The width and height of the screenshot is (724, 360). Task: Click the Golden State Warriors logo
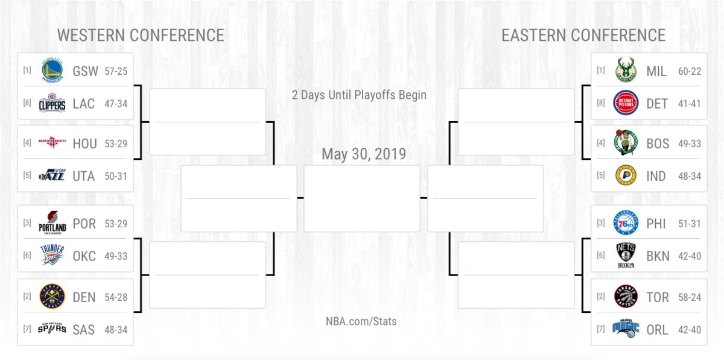click(52, 70)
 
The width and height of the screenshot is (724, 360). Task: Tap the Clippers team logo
click(52, 103)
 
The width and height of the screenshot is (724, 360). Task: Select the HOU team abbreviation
click(84, 144)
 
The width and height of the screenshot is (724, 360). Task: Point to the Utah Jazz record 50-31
click(116, 176)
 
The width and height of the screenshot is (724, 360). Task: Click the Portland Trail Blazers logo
click(52, 223)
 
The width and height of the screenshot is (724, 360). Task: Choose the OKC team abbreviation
click(84, 256)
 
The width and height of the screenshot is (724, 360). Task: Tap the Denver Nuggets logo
click(52, 296)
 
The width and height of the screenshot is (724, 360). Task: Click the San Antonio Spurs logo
click(52, 328)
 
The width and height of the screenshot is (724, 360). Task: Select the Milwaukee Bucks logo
click(626, 70)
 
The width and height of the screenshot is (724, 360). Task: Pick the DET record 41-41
click(690, 104)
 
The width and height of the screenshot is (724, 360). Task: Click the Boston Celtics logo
click(626, 142)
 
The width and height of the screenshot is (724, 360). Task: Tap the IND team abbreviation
click(656, 177)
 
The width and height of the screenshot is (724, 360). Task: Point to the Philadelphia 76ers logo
click(626, 223)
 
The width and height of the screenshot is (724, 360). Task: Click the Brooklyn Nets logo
click(626, 255)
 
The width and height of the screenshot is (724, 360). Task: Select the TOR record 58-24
click(690, 297)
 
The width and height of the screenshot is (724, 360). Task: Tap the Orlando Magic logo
click(626, 328)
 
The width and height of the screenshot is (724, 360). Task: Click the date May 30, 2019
click(364, 154)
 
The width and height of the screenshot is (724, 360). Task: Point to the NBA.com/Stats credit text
click(361, 321)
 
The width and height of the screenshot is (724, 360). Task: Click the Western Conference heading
click(141, 35)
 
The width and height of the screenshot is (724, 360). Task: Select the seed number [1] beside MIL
click(601, 70)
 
